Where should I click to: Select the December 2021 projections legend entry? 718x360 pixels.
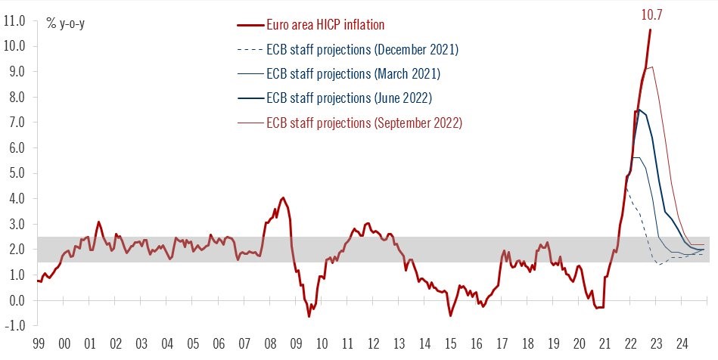(x=362, y=49)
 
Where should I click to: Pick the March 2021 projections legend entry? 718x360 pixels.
(x=353, y=74)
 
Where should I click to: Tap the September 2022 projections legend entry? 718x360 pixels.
(x=364, y=123)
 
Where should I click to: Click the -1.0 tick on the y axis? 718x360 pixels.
(x=16, y=326)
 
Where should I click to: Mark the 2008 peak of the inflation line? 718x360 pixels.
(x=283, y=198)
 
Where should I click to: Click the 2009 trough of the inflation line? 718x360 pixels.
(x=309, y=316)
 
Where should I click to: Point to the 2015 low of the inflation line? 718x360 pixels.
(x=450, y=315)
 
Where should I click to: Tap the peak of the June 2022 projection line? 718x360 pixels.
(x=639, y=110)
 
